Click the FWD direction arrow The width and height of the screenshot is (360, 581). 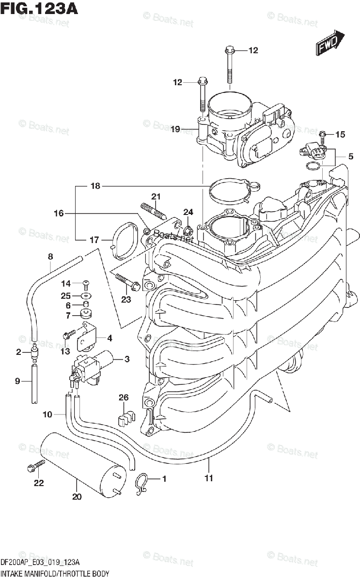click(x=330, y=43)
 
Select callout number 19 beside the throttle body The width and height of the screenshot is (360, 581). click(x=175, y=129)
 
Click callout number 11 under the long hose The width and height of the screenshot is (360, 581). click(x=209, y=479)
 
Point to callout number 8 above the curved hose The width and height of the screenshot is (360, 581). click(x=50, y=257)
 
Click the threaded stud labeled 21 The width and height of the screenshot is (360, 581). click(x=153, y=211)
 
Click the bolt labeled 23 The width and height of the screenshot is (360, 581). click(x=127, y=283)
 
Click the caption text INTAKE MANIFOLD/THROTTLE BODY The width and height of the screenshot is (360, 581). click(x=54, y=573)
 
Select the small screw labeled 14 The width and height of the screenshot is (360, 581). click(x=86, y=284)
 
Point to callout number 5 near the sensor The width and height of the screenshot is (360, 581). click(x=350, y=156)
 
